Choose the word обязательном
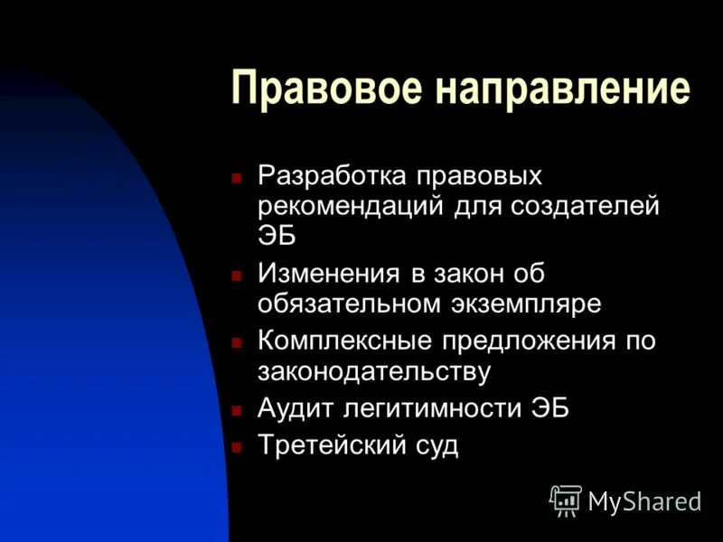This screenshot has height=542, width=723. click(x=347, y=304)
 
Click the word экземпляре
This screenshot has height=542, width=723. click(x=525, y=304)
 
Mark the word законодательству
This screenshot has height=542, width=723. click(x=374, y=371)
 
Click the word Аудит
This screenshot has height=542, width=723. click(x=296, y=408)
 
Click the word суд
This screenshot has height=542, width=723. click(x=435, y=446)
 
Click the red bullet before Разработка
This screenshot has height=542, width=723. click(x=237, y=176)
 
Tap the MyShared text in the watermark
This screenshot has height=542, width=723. click(x=644, y=501)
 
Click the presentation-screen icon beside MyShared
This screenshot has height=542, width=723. click(x=566, y=500)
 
